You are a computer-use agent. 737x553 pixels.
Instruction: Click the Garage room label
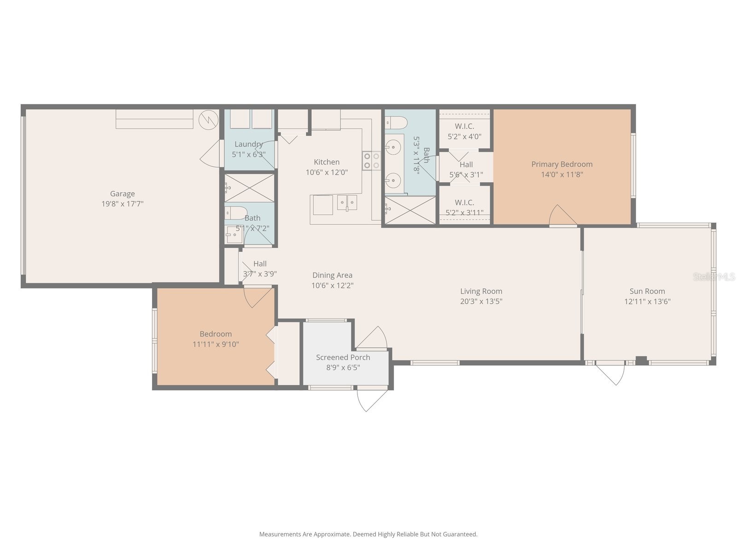(122, 194)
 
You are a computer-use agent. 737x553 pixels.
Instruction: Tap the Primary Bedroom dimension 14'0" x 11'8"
(562, 175)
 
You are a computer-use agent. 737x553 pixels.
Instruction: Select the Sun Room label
(647, 291)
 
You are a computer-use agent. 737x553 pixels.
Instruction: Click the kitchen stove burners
(371, 161)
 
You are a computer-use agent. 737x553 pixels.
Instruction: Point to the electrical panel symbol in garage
(208, 120)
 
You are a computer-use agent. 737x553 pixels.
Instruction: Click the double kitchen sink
(347, 202)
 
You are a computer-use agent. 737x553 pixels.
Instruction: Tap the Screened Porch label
(343, 358)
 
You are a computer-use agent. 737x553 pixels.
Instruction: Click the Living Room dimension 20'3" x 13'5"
(481, 301)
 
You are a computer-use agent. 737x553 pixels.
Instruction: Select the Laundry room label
(248, 144)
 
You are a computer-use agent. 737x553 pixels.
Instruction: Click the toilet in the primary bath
(396, 122)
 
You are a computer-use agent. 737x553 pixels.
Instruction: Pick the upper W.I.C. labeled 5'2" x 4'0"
(464, 136)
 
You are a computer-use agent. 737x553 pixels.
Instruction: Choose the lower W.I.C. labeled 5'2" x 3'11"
(464, 212)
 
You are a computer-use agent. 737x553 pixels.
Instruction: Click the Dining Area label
(332, 275)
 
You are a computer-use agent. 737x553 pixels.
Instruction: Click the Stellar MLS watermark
(714, 277)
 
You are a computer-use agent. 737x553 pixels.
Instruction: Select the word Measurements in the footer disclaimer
(280, 535)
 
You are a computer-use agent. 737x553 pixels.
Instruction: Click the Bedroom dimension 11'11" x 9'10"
(216, 344)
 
